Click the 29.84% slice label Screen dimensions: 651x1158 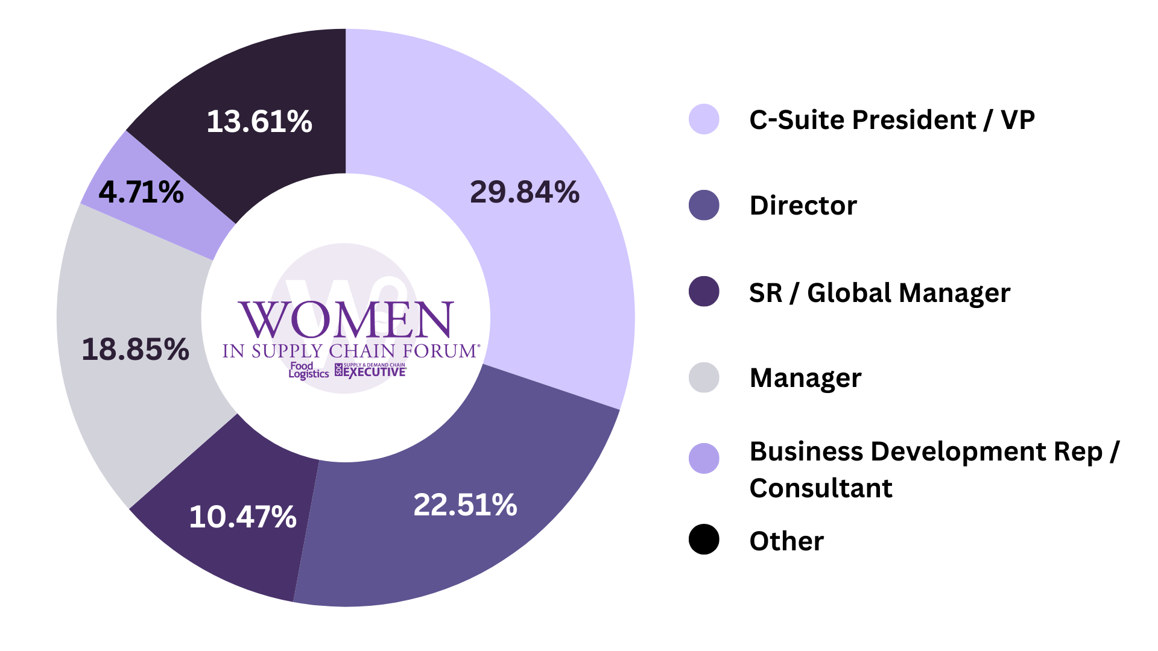[x=524, y=192]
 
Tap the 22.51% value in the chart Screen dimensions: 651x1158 [x=465, y=505]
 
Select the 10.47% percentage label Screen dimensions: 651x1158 [x=242, y=517]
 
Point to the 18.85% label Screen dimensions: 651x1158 [x=135, y=349]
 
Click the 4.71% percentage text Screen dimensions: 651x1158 [x=141, y=192]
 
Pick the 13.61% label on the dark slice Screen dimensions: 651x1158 [x=259, y=121]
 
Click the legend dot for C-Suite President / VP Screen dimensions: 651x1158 [x=704, y=119]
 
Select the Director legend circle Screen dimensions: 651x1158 [x=704, y=206]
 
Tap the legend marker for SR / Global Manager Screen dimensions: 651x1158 [x=704, y=292]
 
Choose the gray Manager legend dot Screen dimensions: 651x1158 [x=704, y=378]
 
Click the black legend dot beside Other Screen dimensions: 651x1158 [x=704, y=539]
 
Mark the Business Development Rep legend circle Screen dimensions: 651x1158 [x=704, y=459]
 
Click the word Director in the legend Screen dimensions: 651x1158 [x=803, y=206]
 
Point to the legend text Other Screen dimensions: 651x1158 [x=786, y=541]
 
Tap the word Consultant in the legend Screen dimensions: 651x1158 [x=821, y=488]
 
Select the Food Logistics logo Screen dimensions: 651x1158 [x=308, y=370]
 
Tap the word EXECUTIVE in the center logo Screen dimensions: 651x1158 [x=375, y=372]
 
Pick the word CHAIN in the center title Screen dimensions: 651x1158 [x=362, y=351]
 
